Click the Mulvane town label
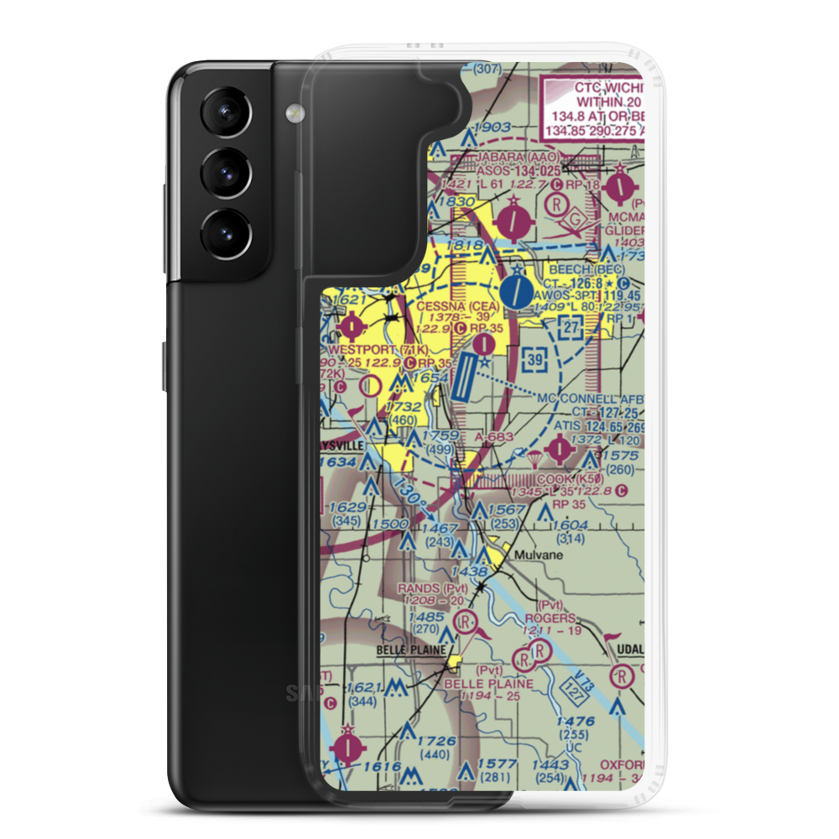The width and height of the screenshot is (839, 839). [x=539, y=555]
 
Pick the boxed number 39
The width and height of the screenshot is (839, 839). [x=531, y=359]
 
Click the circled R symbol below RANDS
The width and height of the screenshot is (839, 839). [x=464, y=623]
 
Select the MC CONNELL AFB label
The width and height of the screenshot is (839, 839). [x=593, y=398]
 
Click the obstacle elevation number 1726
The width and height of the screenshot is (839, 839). [x=435, y=741]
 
